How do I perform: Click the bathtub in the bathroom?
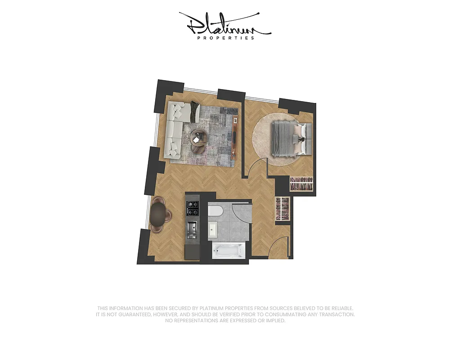[x=229, y=251]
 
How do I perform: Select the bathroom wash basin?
[x=213, y=230]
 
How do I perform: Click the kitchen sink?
[x=192, y=229]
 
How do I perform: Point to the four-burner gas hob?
[x=193, y=207]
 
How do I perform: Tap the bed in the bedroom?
[x=288, y=138]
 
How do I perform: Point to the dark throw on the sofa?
[x=195, y=112]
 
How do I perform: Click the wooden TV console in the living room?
[x=235, y=137]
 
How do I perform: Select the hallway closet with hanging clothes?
[x=283, y=209]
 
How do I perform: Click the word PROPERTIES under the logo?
[x=226, y=38]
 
